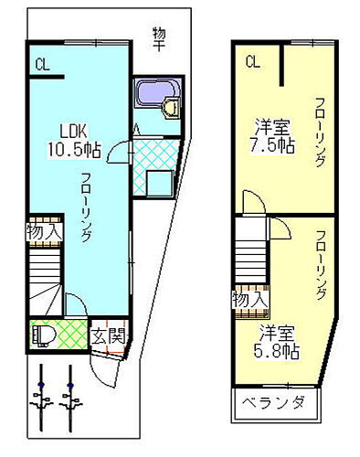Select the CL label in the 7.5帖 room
(253, 61)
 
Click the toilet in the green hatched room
(42, 336)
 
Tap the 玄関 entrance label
(108, 336)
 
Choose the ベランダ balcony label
(273, 404)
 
